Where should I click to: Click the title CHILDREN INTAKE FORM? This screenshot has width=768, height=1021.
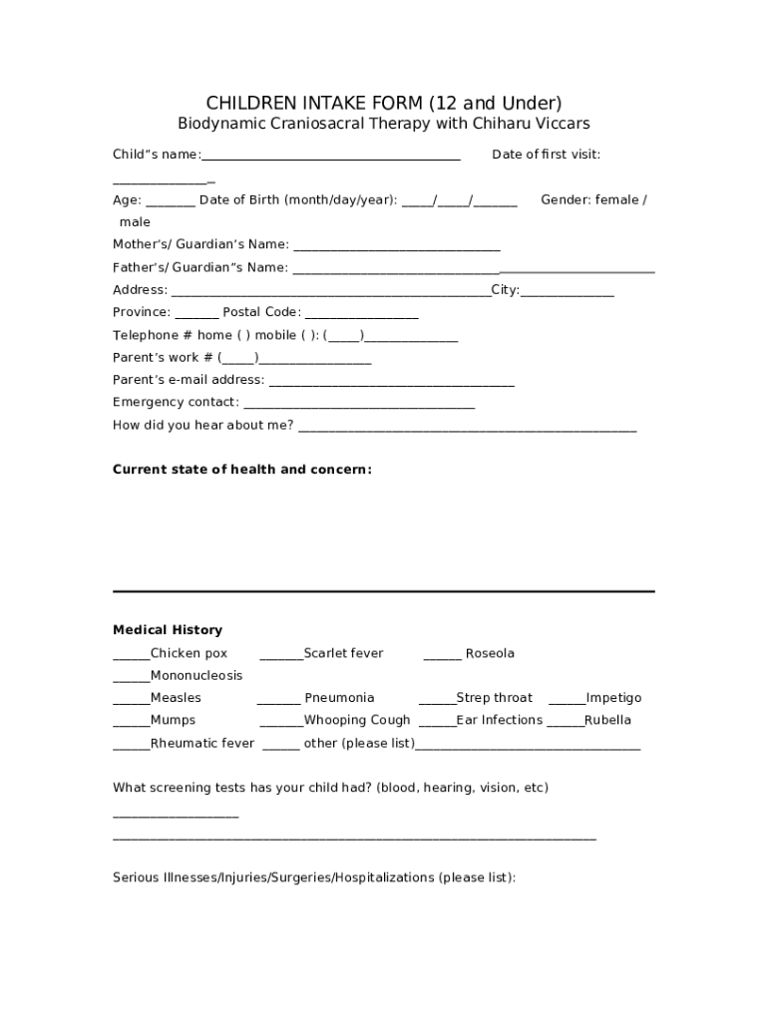pyautogui.click(x=384, y=103)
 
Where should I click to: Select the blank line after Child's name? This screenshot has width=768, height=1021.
pyautogui.click(x=330, y=156)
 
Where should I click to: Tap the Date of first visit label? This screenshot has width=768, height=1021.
pyautogui.click(x=546, y=155)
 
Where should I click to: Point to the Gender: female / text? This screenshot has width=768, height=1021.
pyautogui.click(x=592, y=200)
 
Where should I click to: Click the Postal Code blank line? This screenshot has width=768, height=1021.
pyautogui.click(x=360, y=313)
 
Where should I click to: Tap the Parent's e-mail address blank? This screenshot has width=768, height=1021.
pyautogui.click(x=392, y=381)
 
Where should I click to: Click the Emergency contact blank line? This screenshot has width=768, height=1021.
pyautogui.click(x=359, y=403)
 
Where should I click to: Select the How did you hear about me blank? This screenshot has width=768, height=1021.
pyautogui.click(x=467, y=427)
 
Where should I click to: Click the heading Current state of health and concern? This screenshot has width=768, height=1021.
pyautogui.click(x=242, y=469)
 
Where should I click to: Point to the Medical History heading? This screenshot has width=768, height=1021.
pyautogui.click(x=168, y=630)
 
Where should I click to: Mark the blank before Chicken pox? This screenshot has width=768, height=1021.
pyautogui.click(x=131, y=655)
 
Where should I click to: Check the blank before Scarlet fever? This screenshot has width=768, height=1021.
pyautogui.click(x=280, y=655)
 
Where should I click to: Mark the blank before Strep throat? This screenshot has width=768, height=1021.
pyautogui.click(x=437, y=699)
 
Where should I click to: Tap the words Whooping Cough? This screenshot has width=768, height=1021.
pyautogui.click(x=357, y=720)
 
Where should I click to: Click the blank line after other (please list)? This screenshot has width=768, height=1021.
pyautogui.click(x=528, y=745)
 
